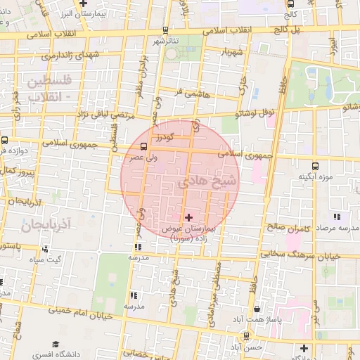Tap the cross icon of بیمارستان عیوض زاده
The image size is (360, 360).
tap(188, 217)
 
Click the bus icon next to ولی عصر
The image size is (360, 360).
tap(143, 147)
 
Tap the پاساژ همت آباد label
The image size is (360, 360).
tap(277, 320)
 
